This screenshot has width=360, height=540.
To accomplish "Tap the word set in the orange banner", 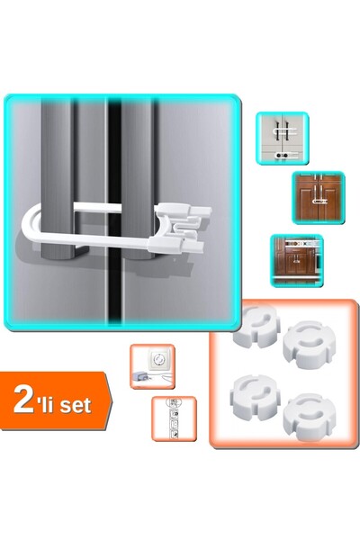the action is [76, 405].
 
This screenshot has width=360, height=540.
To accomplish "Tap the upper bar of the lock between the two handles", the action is [97, 207].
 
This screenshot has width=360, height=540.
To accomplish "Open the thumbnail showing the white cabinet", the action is [282, 138].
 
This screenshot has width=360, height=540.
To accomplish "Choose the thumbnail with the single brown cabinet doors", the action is [319, 198].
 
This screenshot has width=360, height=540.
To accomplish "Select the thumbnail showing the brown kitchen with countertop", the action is [297, 260].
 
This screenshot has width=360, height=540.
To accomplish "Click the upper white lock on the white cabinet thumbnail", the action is [285, 130].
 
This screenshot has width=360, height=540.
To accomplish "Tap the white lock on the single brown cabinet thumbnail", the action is [319, 201].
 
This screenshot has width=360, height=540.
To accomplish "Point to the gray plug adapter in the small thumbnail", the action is [140, 375].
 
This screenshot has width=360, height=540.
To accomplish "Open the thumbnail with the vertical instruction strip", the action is [175, 418].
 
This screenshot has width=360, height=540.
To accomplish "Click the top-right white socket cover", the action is [308, 345].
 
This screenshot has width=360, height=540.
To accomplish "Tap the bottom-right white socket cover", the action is [309, 418].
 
